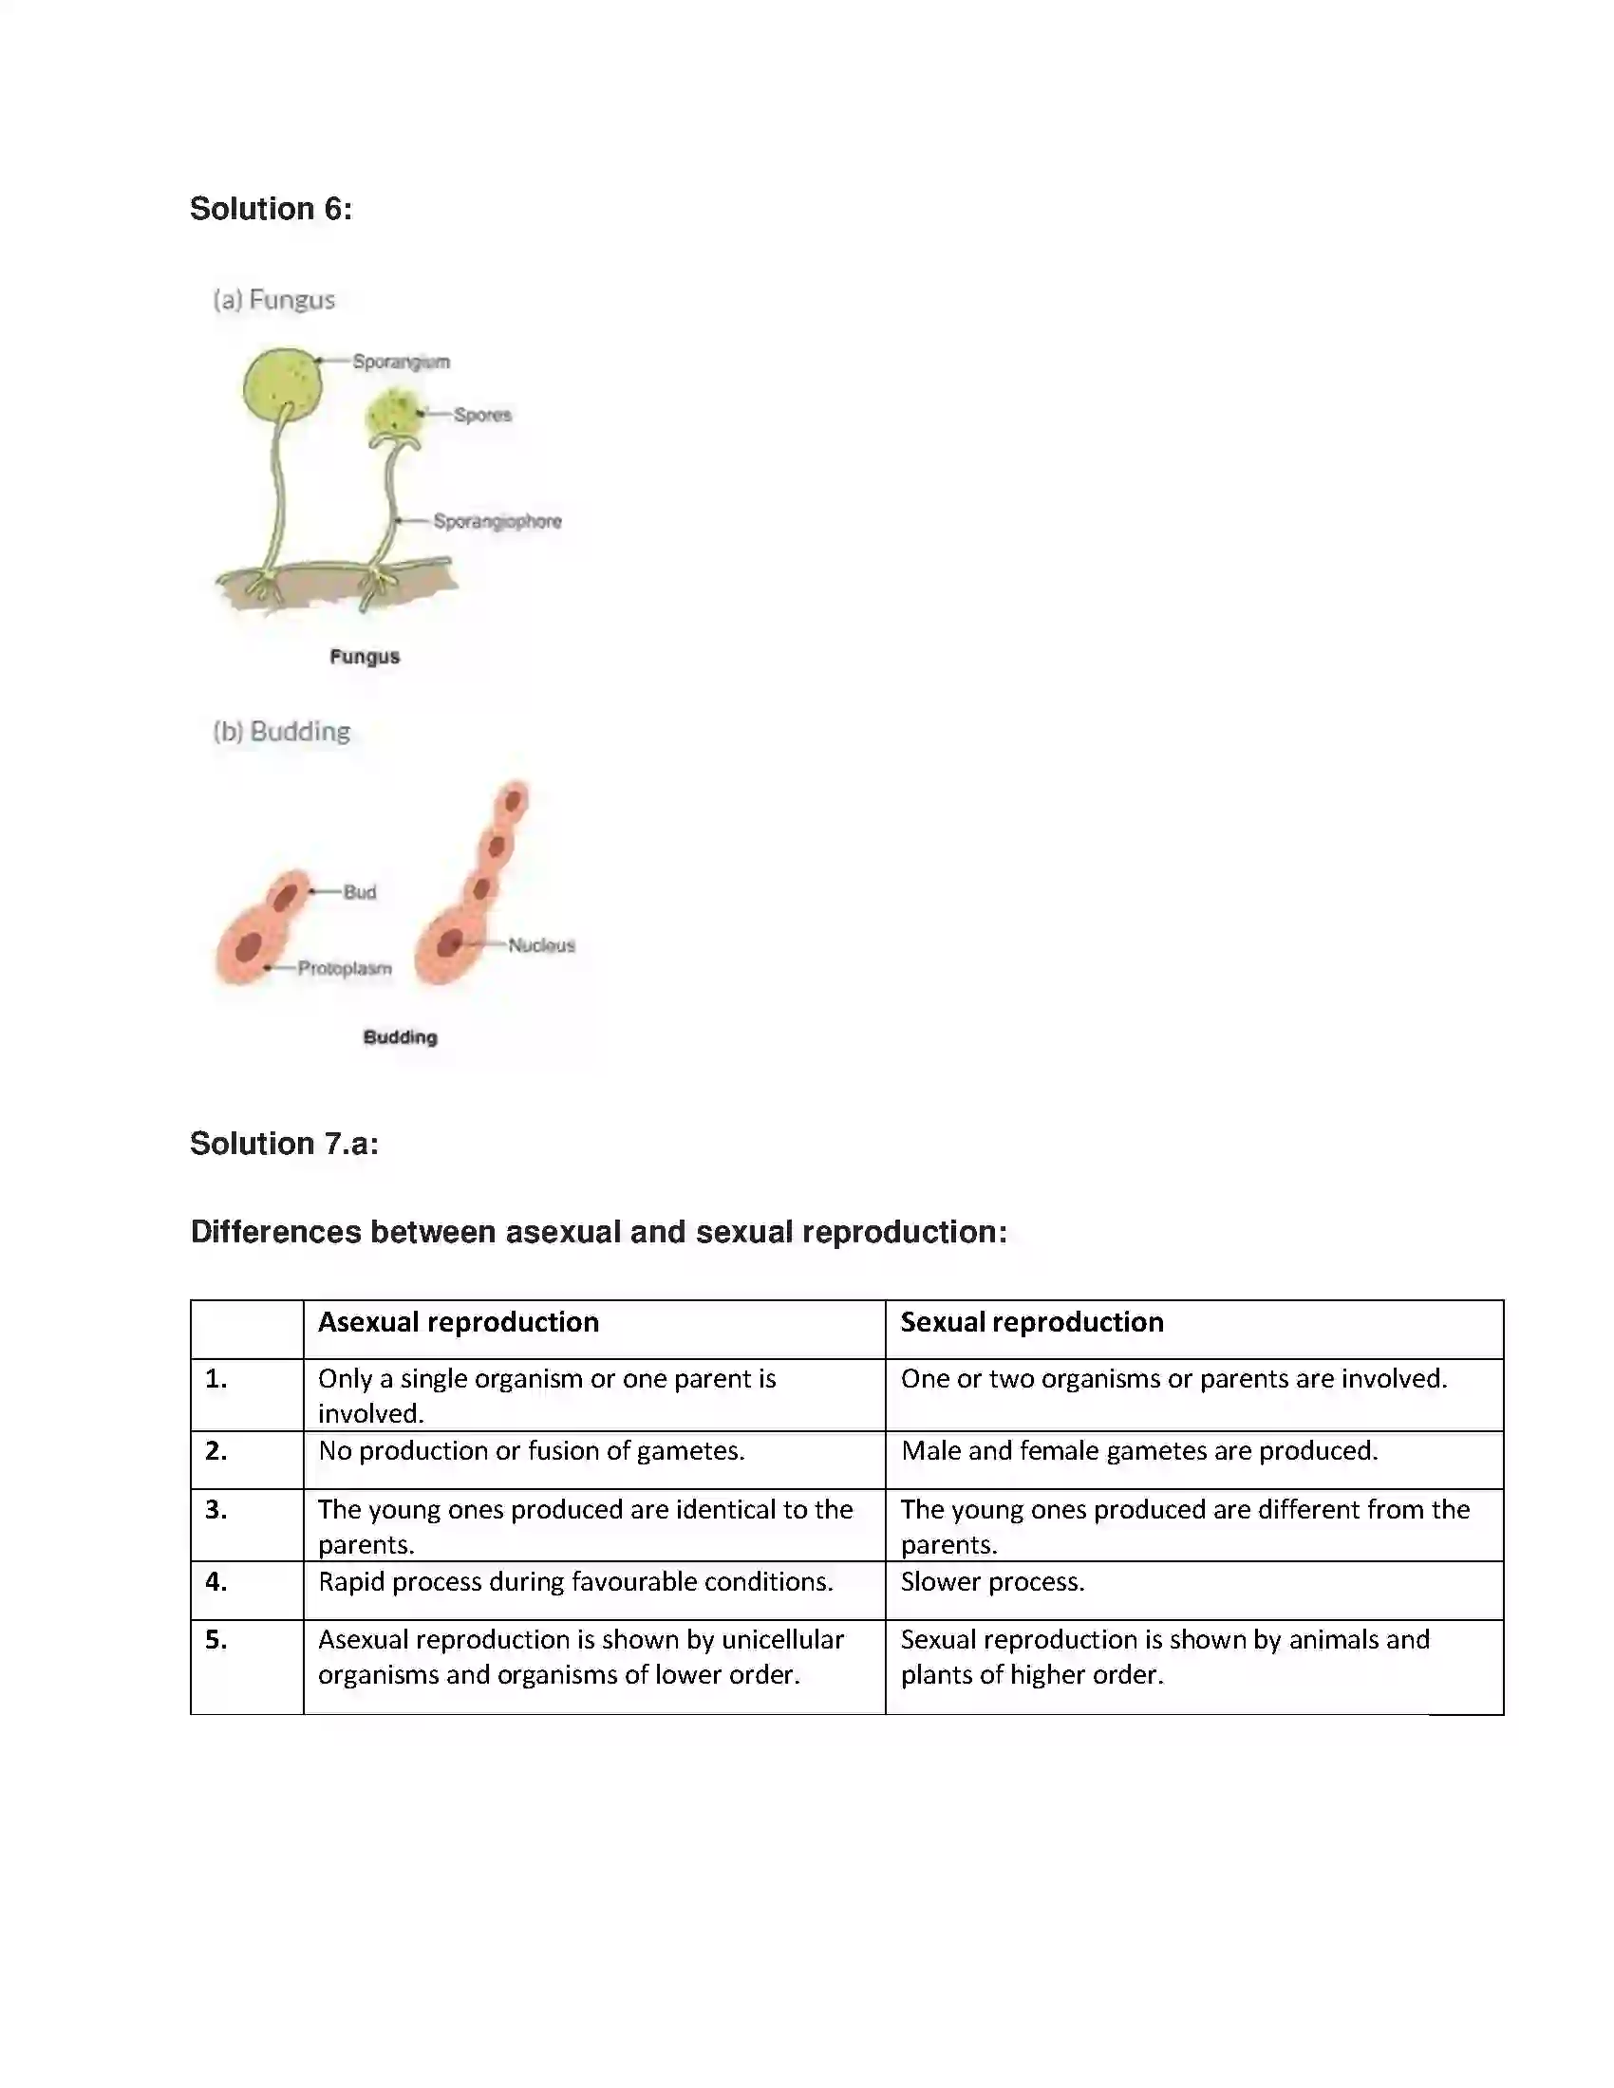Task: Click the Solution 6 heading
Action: [x=271, y=209]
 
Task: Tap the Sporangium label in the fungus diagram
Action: [x=401, y=362]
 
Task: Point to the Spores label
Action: [x=482, y=415]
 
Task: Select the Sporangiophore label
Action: [x=497, y=521]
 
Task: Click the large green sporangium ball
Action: [x=282, y=384]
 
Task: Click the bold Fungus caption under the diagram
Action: [x=365, y=657]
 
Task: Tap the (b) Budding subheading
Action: [x=281, y=732]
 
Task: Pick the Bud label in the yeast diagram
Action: [x=360, y=892]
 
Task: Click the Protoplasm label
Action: [x=345, y=968]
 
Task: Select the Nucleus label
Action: [x=541, y=945]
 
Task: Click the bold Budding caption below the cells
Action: [x=400, y=1037]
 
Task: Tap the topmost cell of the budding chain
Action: [x=515, y=799]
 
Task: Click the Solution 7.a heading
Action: [x=284, y=1144]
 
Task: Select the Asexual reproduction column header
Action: [x=458, y=1322]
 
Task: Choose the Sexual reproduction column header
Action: [x=1032, y=1322]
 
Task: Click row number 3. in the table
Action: [x=216, y=1510]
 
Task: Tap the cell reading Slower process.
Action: [x=991, y=1582]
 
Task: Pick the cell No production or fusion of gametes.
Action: [x=531, y=1451]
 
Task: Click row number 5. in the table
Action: [x=216, y=1641]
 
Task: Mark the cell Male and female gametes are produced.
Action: [x=1138, y=1451]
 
